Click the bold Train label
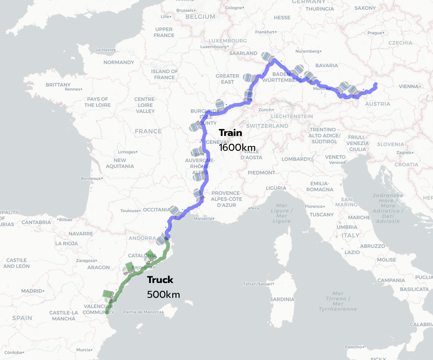pyautogui.click(x=230, y=133)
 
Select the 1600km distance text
pyautogui.click(x=237, y=147)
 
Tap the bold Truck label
pyautogui.click(x=160, y=280)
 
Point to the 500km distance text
pyautogui.click(x=163, y=295)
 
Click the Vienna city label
pyautogui.click(x=408, y=86)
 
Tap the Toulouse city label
pyautogui.click(x=130, y=211)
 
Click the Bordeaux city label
pyautogui.click(x=91, y=178)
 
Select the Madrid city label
pyautogui.click(x=32, y=291)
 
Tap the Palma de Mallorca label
pyautogui.click(x=142, y=312)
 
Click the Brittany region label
pyautogui.click(x=58, y=85)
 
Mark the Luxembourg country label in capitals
pyautogui.click(x=227, y=41)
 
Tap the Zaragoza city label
pyautogui.click(x=86, y=261)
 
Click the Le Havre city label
pyautogui.click(x=104, y=50)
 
